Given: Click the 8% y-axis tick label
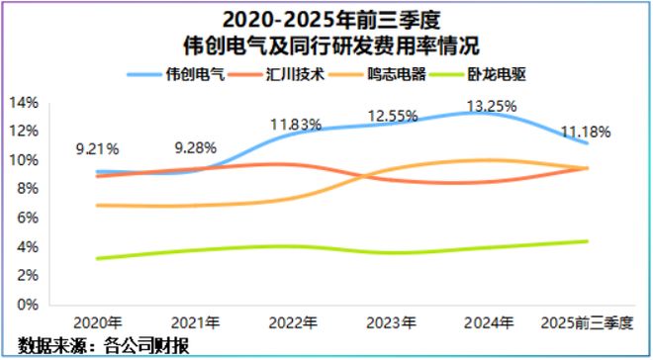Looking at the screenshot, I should [x=25, y=188].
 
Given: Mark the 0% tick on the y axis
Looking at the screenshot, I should [x=25, y=305].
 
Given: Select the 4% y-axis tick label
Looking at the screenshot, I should [x=25, y=246].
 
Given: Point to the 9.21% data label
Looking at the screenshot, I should [x=98, y=149].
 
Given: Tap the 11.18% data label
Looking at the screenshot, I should [x=587, y=132].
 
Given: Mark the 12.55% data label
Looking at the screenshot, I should [x=393, y=116].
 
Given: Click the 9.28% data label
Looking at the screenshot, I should [x=196, y=148].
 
